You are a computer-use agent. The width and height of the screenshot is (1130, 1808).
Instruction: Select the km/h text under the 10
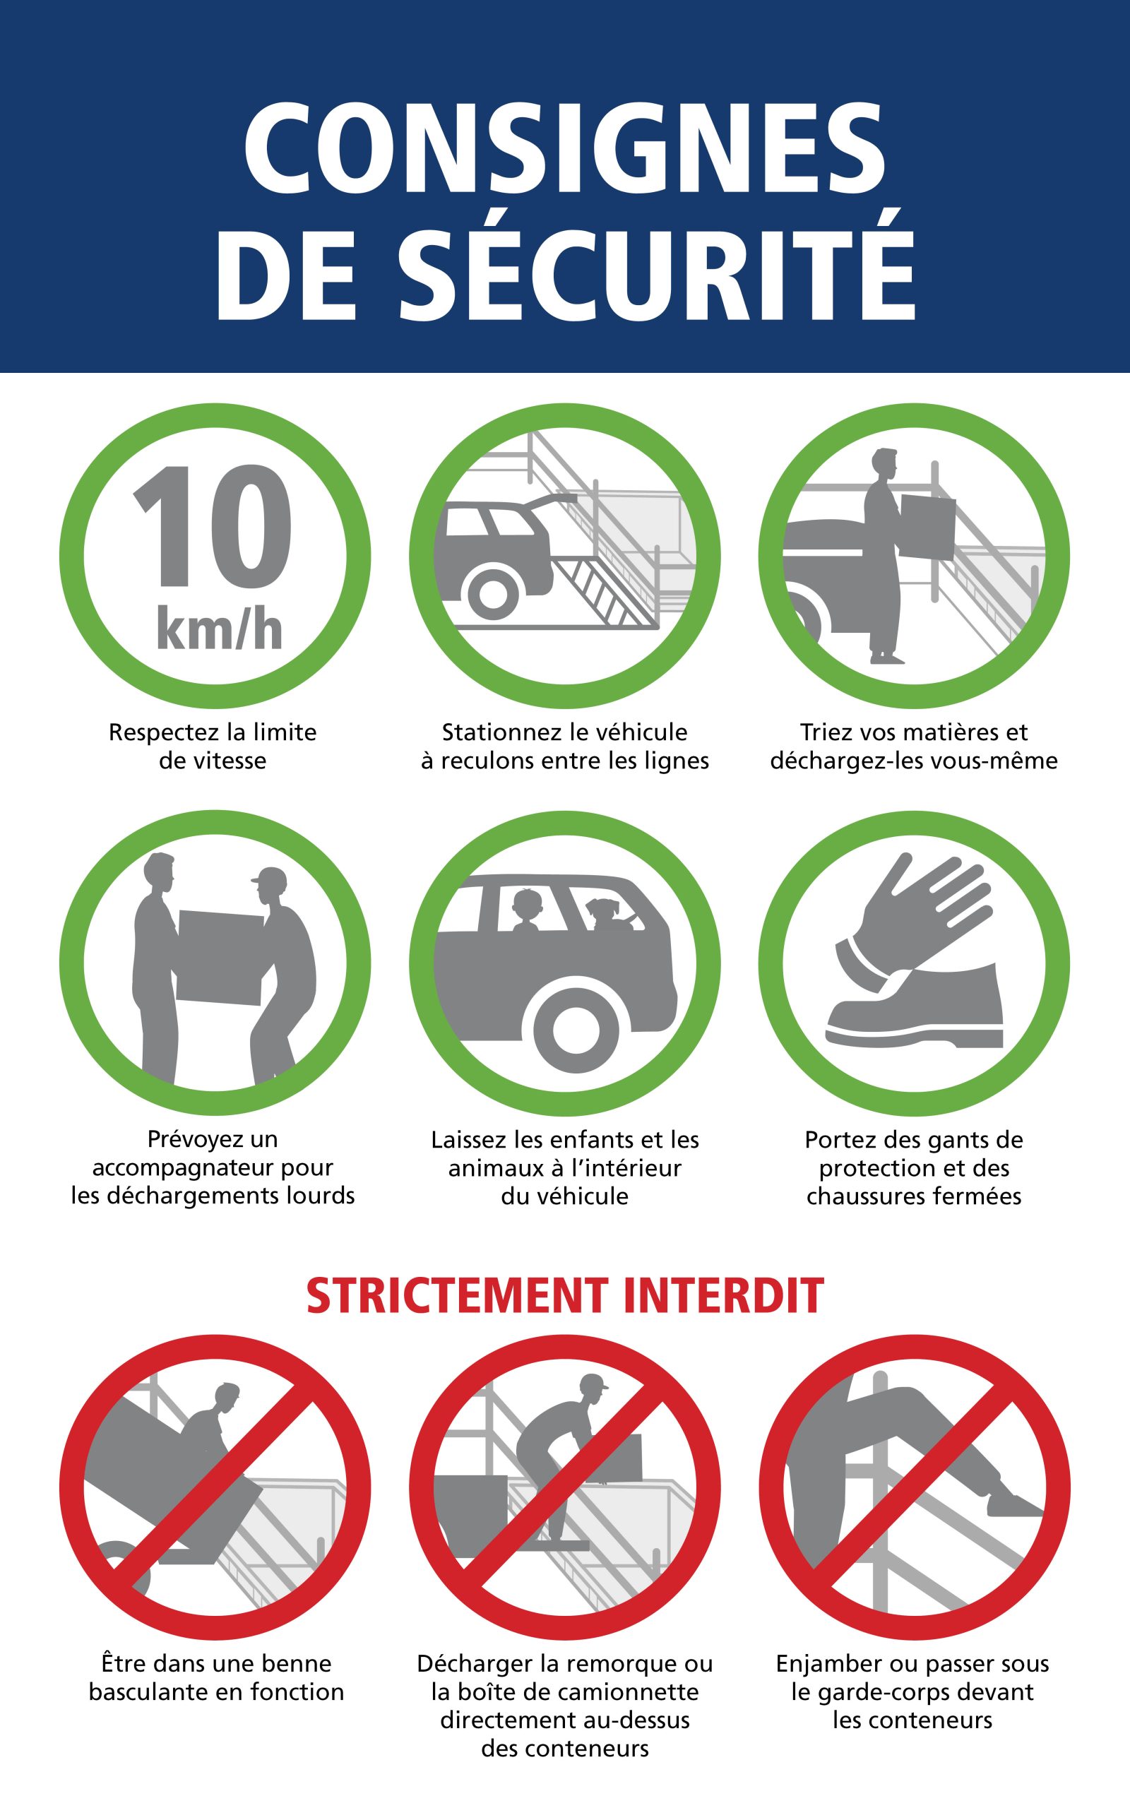(220, 629)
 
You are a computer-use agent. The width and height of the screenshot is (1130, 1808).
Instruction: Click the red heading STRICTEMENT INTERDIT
(565, 1295)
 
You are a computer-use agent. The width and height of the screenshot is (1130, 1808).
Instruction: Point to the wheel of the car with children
(576, 1031)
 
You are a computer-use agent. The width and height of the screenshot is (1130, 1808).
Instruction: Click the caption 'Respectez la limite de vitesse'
(213, 746)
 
